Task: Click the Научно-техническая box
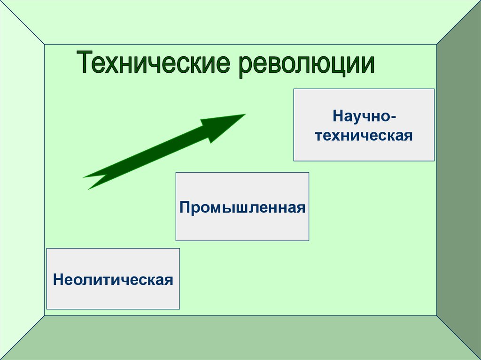click(x=364, y=125)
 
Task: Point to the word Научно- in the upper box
click(x=364, y=115)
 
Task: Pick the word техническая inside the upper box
click(x=364, y=136)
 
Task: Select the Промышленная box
click(x=242, y=207)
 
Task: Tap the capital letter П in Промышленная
click(x=185, y=207)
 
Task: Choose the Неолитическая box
click(x=113, y=279)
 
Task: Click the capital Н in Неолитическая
click(x=58, y=280)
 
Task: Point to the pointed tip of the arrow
click(x=244, y=115)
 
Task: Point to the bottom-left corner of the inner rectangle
click(x=44, y=316)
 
